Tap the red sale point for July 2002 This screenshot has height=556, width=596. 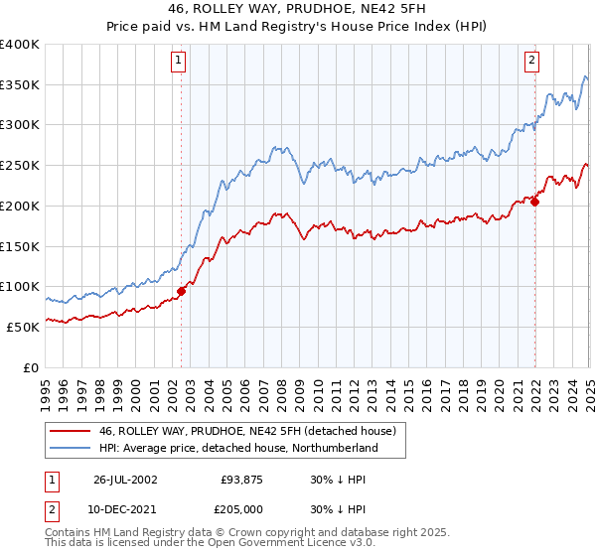coord(182,292)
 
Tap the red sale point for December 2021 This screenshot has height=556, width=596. coord(534,202)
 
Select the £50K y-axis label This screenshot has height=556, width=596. coord(23,327)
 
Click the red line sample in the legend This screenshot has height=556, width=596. coord(71,431)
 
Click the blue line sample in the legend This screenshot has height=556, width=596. coord(71,449)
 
